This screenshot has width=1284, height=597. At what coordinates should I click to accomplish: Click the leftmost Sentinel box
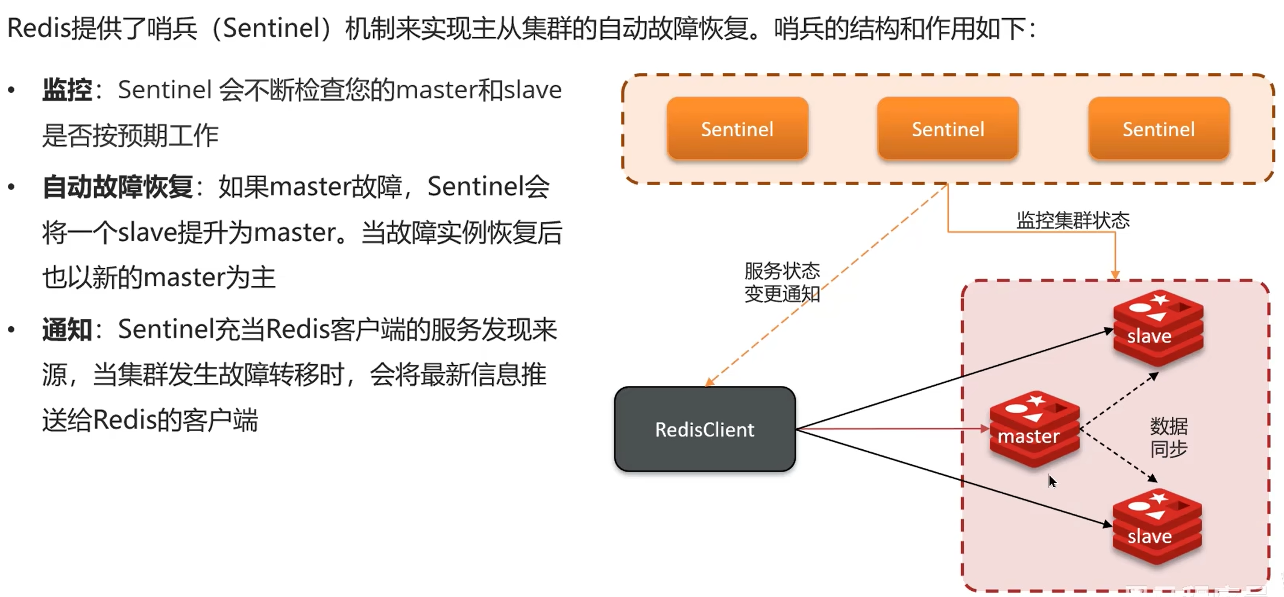(737, 128)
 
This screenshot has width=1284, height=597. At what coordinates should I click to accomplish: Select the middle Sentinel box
(948, 128)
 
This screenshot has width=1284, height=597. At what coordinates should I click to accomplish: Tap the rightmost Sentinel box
(1158, 128)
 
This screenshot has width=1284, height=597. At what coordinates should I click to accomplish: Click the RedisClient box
(705, 429)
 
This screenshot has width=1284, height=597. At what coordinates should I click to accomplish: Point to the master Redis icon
(1034, 429)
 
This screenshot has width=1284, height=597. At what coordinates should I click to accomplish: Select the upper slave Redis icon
(1158, 329)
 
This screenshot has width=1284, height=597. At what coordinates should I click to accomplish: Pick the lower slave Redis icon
(1157, 528)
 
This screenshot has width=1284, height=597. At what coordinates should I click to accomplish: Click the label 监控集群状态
(1072, 220)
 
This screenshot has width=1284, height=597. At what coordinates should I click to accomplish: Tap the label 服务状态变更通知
(782, 282)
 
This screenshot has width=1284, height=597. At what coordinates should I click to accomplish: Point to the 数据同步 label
(1168, 437)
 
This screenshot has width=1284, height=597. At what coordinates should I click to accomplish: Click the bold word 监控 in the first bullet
(67, 90)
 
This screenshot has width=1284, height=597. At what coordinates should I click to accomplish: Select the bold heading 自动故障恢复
(118, 187)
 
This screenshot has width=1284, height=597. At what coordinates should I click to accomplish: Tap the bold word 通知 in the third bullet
(67, 330)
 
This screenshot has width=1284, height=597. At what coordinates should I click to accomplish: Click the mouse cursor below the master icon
(1052, 481)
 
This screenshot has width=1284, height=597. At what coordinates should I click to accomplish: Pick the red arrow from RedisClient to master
(892, 429)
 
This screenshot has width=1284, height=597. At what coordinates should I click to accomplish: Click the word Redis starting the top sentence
(39, 28)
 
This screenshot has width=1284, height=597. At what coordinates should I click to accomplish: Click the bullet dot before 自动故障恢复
(11, 187)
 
